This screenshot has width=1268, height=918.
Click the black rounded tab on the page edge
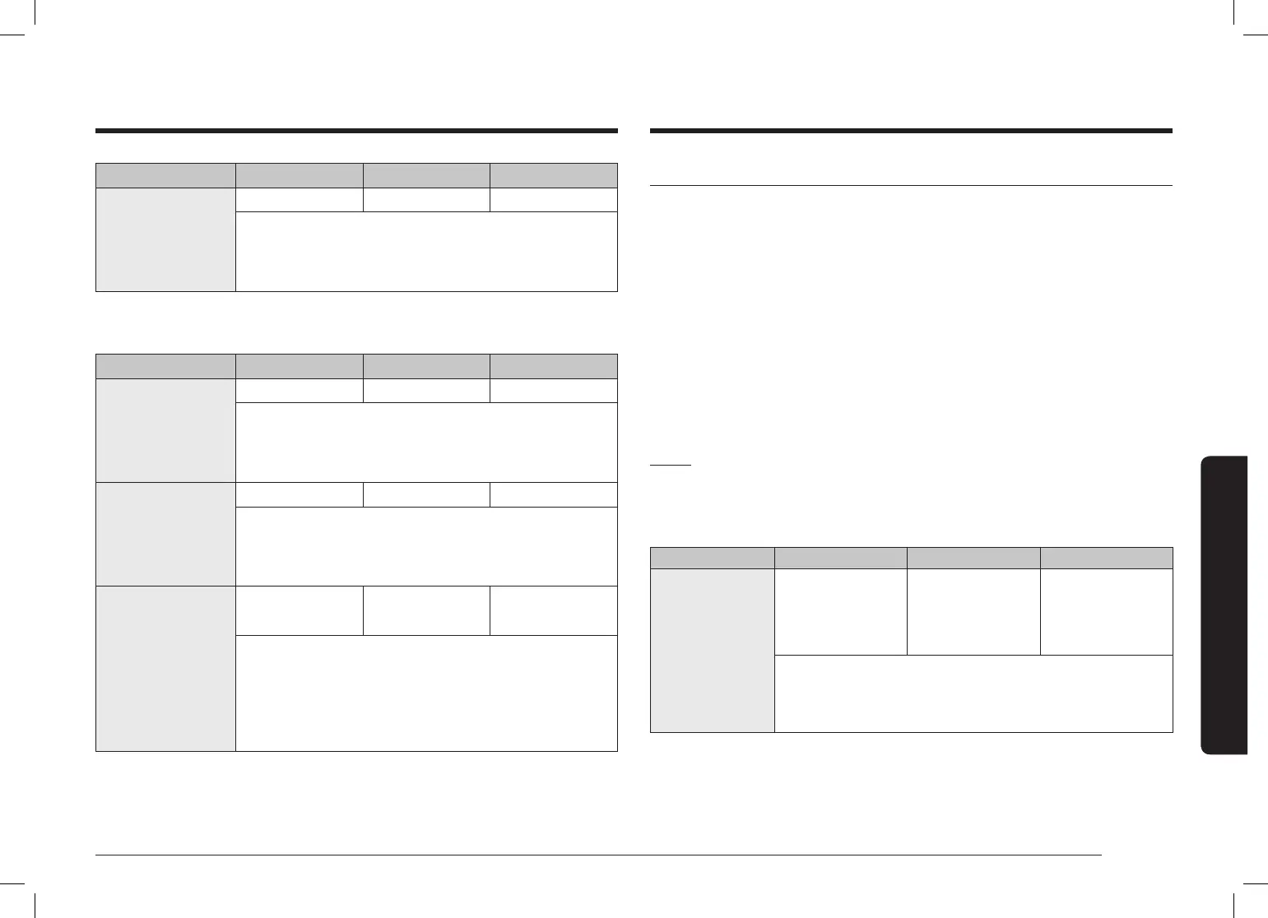pos(1224,605)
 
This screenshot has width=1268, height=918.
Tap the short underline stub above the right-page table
pos(671,466)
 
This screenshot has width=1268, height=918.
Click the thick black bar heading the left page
pos(356,130)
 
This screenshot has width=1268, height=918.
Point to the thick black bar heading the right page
pos(911,130)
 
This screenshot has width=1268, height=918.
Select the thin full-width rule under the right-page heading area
pos(911,186)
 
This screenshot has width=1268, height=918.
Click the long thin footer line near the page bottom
pos(598,855)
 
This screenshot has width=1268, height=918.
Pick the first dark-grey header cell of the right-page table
pos(712,558)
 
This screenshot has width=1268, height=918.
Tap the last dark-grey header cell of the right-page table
pos(1106,558)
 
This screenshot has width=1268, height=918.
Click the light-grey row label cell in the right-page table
pos(712,650)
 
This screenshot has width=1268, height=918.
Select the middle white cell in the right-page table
pos(973,612)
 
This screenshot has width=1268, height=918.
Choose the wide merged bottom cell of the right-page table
pos(973,693)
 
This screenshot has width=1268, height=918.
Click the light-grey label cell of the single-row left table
pos(165,239)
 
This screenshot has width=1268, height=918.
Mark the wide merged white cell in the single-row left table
pos(426,252)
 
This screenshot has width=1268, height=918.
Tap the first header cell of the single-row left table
pos(165,175)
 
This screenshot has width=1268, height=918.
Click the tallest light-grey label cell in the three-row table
pos(165,668)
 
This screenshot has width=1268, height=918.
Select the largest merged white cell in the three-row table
pos(426,693)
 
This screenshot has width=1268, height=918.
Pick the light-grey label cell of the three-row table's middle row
pos(165,534)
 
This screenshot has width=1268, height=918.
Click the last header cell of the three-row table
pos(554,366)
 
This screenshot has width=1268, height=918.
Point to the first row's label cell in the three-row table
pos(165,430)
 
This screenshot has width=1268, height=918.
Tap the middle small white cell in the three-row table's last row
pos(426,610)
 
